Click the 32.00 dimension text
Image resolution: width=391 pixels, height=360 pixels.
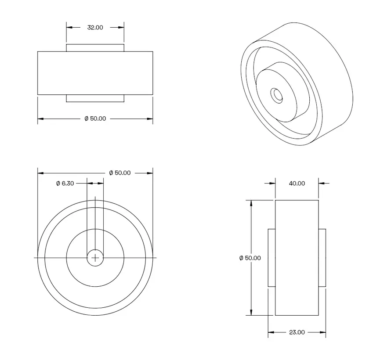[95, 27]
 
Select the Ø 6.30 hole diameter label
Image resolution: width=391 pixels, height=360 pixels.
[65, 184]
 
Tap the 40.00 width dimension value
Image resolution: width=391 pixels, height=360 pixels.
[297, 184]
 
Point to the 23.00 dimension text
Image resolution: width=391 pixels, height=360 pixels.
[297, 332]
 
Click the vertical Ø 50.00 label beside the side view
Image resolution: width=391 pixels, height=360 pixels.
[250, 258]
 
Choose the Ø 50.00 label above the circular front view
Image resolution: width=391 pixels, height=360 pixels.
[119, 173]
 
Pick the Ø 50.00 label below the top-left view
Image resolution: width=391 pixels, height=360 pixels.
[95, 119]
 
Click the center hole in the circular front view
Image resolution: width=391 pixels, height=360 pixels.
[95, 258]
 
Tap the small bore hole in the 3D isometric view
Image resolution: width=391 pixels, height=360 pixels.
[277, 94]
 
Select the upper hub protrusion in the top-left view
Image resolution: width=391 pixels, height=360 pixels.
[95, 47]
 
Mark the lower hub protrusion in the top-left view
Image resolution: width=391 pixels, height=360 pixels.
[95, 98]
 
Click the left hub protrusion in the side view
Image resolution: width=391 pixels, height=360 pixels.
[272, 258]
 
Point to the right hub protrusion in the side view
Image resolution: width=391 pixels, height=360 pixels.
[322, 258]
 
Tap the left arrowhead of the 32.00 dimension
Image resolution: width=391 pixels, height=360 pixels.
[69, 27]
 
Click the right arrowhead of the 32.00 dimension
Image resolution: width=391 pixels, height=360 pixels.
[122, 27]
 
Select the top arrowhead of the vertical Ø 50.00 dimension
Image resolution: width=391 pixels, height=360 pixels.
[251, 203]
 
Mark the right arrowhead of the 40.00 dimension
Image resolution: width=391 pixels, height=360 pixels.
[321, 184]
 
